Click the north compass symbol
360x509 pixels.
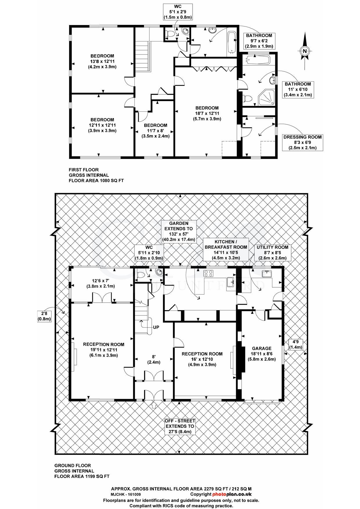click(305, 51)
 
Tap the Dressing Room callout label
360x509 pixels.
click(303, 142)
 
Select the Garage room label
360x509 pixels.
click(262, 353)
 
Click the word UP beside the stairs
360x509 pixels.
click(156, 327)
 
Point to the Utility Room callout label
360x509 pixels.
click(272, 252)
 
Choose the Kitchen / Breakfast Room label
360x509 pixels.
click(226, 250)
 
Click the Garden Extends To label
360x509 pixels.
click(179, 231)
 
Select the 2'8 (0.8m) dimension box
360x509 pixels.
click(44, 316)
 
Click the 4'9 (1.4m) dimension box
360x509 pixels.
click(296, 344)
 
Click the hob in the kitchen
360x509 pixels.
click(209, 273)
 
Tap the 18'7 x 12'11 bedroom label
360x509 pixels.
click(207, 113)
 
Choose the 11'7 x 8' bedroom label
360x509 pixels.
click(156, 131)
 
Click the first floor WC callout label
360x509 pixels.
click(178, 12)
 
